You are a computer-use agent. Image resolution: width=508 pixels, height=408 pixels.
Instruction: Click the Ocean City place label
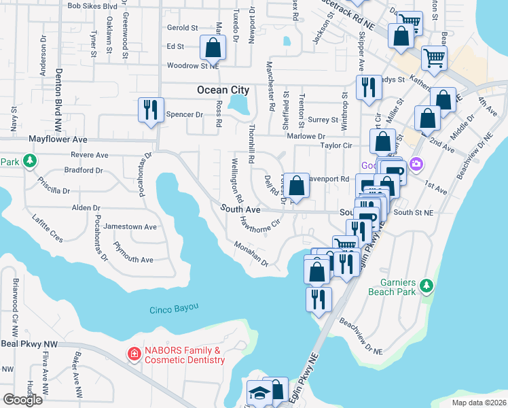coord(223,90)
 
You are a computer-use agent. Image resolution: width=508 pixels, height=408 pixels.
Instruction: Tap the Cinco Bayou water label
coord(174,308)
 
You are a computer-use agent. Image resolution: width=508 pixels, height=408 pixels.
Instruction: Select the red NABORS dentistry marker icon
coord(134,354)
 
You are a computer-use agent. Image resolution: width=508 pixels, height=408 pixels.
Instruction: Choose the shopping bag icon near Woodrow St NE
coord(213,48)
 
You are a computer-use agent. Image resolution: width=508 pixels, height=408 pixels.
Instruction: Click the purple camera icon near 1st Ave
coord(416,164)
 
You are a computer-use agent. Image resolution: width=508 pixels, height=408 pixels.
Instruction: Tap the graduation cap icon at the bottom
coord(258,394)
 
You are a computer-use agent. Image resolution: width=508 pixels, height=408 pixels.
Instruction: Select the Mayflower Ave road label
coord(58,139)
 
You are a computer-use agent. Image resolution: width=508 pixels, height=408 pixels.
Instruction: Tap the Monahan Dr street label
coord(251,253)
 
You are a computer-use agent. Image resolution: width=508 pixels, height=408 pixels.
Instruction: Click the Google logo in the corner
coord(22,400)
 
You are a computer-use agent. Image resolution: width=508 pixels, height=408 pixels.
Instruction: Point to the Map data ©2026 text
coord(478,403)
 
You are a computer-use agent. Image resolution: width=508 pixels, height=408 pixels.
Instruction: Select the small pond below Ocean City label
coord(238,104)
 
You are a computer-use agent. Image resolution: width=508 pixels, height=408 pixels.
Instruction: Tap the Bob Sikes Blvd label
coord(92,5)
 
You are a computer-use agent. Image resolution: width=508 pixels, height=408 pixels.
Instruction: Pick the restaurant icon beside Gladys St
coord(367,87)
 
